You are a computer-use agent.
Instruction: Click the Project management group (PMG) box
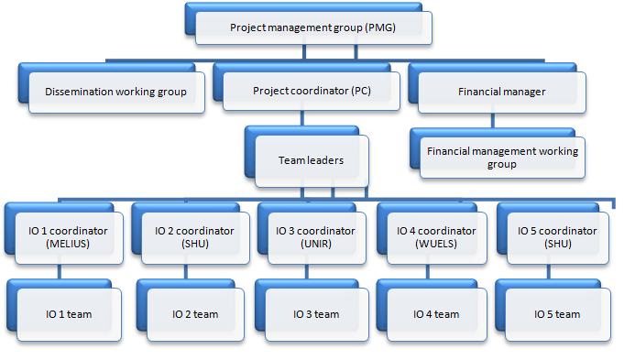pos(312,27)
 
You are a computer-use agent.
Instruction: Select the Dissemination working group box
pos(116,92)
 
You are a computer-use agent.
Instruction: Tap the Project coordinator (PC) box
pos(312,92)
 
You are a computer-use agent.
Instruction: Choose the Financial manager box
pos(501,92)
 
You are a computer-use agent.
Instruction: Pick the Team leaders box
pos(311,161)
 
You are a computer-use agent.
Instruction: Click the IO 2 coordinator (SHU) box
pos(190,237)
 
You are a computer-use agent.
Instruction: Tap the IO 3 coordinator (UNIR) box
pos(311,237)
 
